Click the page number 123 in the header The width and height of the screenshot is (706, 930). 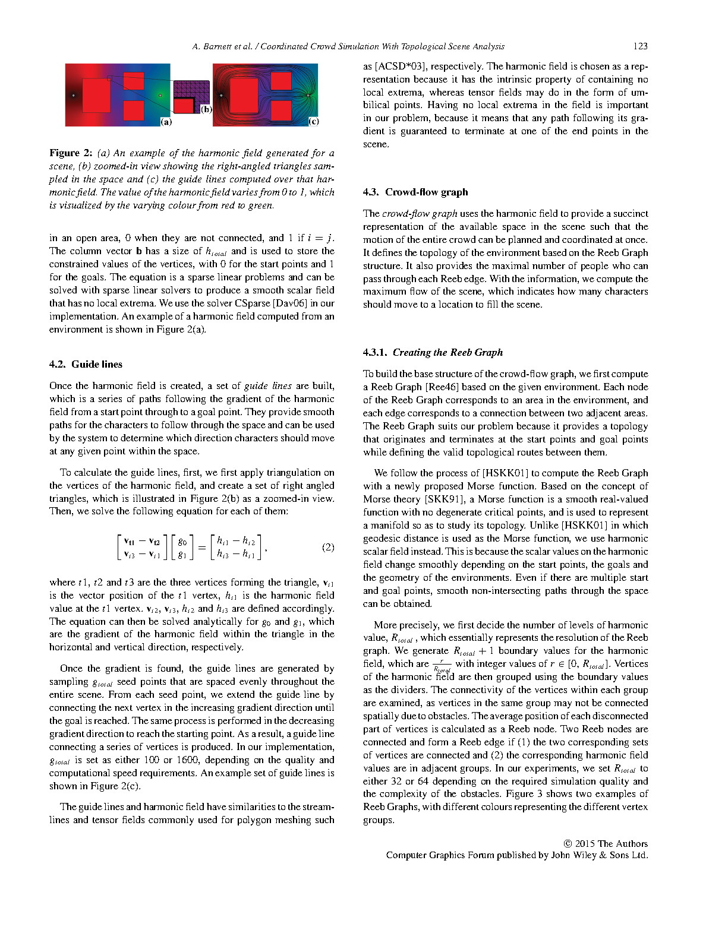640,46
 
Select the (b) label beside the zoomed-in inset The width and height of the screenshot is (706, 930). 206,109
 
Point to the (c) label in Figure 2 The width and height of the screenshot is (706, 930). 313,122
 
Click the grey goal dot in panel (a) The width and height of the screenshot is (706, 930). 160,95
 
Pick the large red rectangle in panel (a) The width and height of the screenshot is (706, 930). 96,95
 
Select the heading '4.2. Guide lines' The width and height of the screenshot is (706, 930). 86,364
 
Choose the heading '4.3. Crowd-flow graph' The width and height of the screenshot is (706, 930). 415,192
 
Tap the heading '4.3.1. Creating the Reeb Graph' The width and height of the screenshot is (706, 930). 433,352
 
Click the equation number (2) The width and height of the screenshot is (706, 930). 328,547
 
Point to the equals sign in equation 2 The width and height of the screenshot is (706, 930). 201,547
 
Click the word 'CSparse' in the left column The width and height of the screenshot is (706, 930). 250,303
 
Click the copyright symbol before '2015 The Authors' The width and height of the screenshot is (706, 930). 568,844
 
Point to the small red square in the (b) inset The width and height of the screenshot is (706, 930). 184,106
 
